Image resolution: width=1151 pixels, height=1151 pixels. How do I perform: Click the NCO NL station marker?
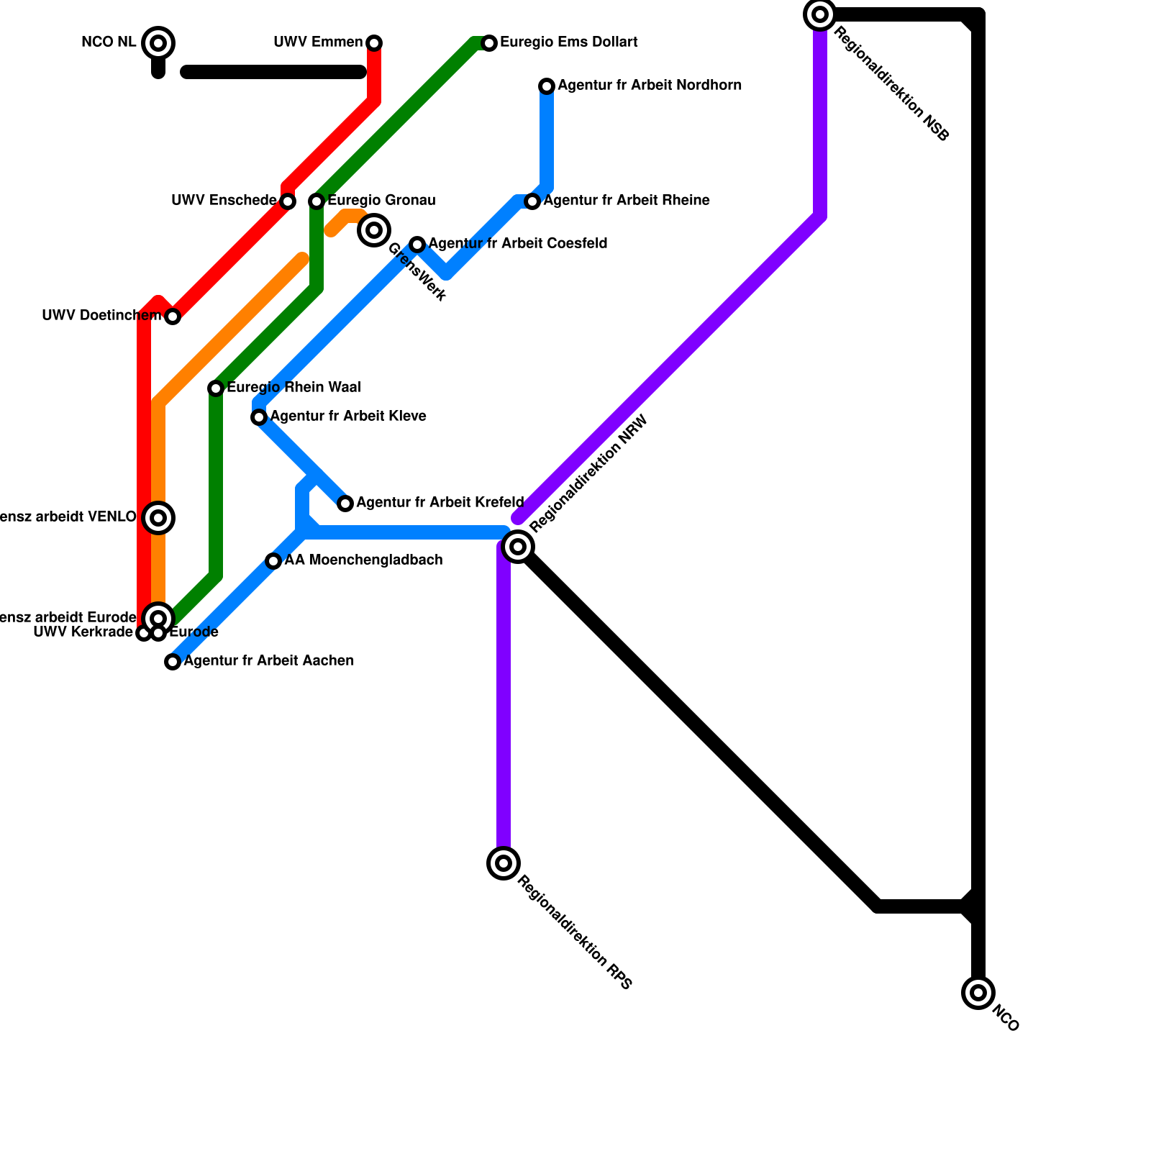pyautogui.click(x=158, y=43)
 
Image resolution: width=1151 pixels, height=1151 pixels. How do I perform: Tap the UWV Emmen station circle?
pyautogui.click(x=374, y=43)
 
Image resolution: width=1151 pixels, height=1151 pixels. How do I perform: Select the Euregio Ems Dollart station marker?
pyautogui.click(x=489, y=43)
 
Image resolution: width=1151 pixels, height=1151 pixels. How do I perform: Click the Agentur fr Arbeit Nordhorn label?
pyautogui.click(x=649, y=86)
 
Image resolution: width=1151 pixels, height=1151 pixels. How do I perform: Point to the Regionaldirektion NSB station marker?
pyautogui.click(x=820, y=14)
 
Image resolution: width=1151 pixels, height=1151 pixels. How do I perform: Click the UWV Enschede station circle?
pyautogui.click(x=288, y=201)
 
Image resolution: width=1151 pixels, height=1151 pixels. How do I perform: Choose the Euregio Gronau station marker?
pyautogui.click(x=317, y=201)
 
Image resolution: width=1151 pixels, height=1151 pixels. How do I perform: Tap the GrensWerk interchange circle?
pyautogui.click(x=374, y=230)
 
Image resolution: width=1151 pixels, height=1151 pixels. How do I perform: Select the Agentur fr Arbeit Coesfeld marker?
pyautogui.click(x=417, y=245)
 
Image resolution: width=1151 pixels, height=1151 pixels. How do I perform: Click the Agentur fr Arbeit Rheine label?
pyautogui.click(x=626, y=201)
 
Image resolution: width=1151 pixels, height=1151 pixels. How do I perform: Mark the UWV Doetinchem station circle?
pyautogui.click(x=173, y=317)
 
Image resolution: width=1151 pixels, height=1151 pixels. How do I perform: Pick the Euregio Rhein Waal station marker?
pyautogui.click(x=216, y=388)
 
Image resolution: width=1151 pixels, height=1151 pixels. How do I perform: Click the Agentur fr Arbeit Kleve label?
pyautogui.click(x=347, y=417)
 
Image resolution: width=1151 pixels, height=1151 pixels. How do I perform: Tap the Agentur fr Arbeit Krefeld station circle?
pyautogui.click(x=345, y=504)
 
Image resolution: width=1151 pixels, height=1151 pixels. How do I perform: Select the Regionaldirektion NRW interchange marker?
pyautogui.click(x=518, y=547)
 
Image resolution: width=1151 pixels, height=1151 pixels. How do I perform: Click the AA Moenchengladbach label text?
pyautogui.click(x=363, y=560)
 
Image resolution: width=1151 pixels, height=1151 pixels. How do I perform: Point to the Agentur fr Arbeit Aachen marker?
pyautogui.click(x=173, y=662)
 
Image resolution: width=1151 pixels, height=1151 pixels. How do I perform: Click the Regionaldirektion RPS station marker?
pyautogui.click(x=504, y=863)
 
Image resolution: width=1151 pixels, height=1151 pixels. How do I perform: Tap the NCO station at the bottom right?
pyautogui.click(x=978, y=993)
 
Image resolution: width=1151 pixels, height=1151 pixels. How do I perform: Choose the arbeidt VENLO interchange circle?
pyautogui.click(x=158, y=518)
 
